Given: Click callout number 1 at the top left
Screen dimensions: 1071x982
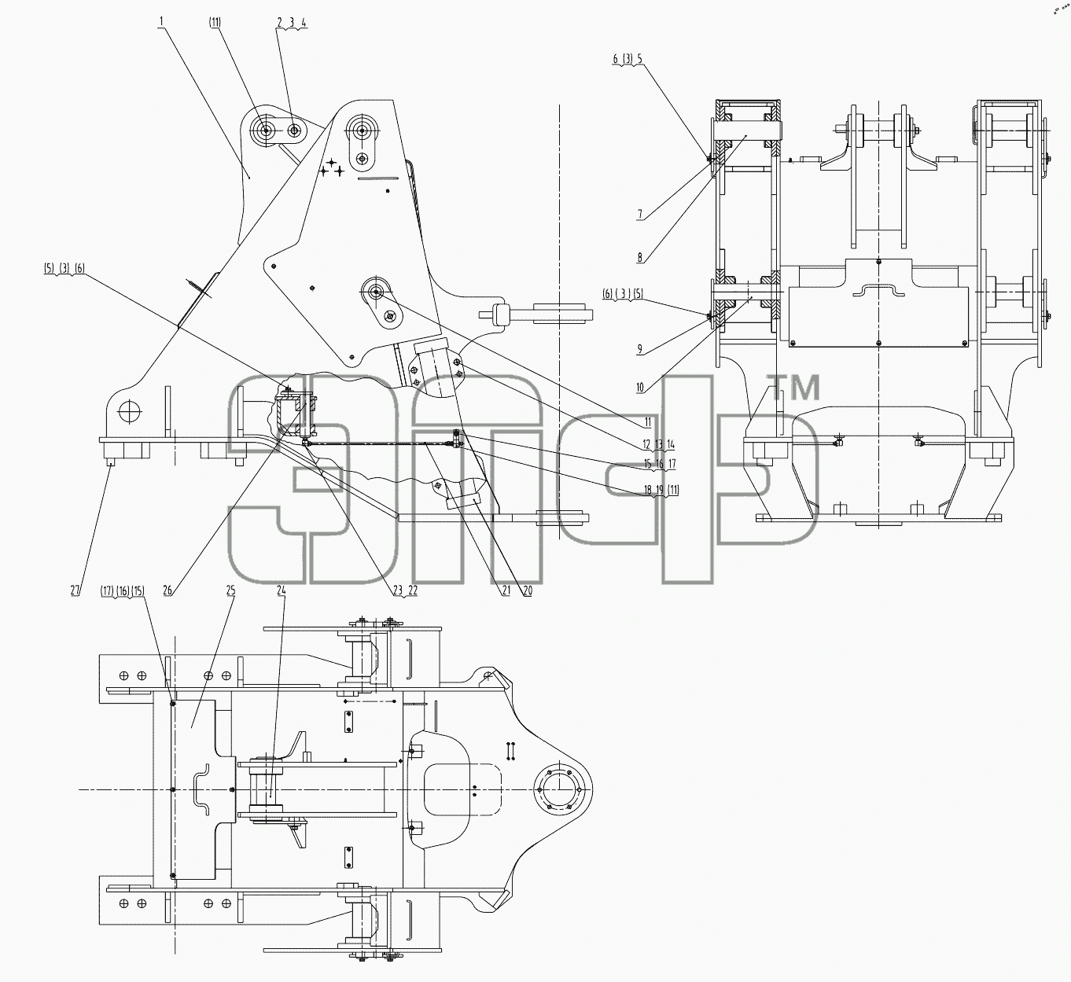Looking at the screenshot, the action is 161,22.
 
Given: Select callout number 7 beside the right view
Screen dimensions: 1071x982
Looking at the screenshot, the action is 639,215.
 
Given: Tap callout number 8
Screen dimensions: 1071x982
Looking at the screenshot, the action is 639,257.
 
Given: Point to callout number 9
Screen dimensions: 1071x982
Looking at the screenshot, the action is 639,350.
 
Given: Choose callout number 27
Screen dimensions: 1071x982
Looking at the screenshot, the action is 75,590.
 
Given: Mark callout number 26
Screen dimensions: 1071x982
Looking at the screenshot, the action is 167,590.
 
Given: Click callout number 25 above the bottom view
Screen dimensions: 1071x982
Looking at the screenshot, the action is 230,590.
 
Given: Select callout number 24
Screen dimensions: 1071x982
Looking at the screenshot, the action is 282,590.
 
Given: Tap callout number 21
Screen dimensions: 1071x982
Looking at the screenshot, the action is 506,590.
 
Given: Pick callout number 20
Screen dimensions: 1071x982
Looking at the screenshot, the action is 528,590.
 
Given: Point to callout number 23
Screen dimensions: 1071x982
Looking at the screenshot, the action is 398,590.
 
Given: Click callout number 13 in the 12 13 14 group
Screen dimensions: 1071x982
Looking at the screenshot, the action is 659,444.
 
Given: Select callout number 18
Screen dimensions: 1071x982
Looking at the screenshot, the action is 648,490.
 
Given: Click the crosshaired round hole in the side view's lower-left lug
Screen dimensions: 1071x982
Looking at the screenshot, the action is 129,412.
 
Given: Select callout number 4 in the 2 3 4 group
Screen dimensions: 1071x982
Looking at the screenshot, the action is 304,23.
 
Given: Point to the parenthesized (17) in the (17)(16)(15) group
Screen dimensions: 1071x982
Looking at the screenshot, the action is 107,590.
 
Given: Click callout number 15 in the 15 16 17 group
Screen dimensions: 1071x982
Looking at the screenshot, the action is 648,464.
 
